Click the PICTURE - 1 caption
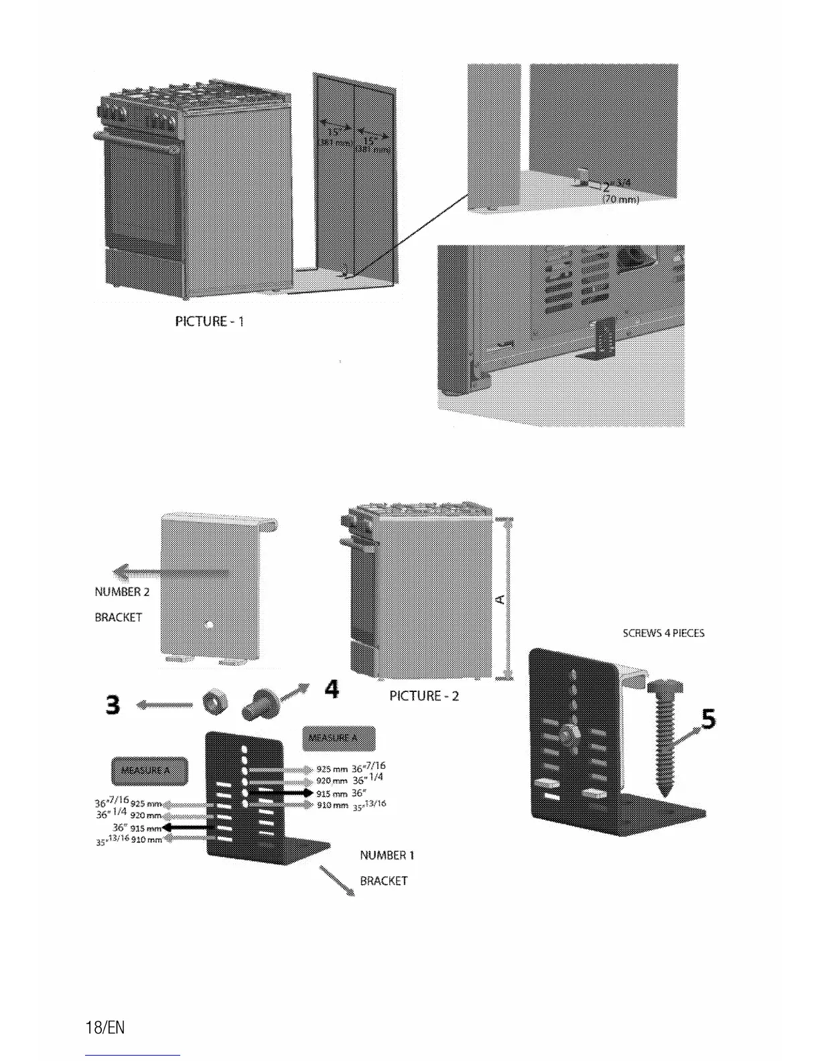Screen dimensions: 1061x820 pos(209,322)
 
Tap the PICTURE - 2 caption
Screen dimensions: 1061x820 pos(424,696)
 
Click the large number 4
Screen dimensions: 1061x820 pos(331,689)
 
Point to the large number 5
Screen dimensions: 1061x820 pos(707,719)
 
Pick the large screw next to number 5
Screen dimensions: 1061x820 pos(664,737)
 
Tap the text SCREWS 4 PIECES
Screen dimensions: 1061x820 pos(663,633)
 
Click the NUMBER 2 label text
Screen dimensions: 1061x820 pos(122,592)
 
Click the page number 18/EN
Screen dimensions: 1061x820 pos(105,1028)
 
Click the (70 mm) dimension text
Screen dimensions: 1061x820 pos(622,199)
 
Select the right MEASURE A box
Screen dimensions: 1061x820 pos(339,738)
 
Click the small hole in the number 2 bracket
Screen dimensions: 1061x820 pos(210,625)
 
